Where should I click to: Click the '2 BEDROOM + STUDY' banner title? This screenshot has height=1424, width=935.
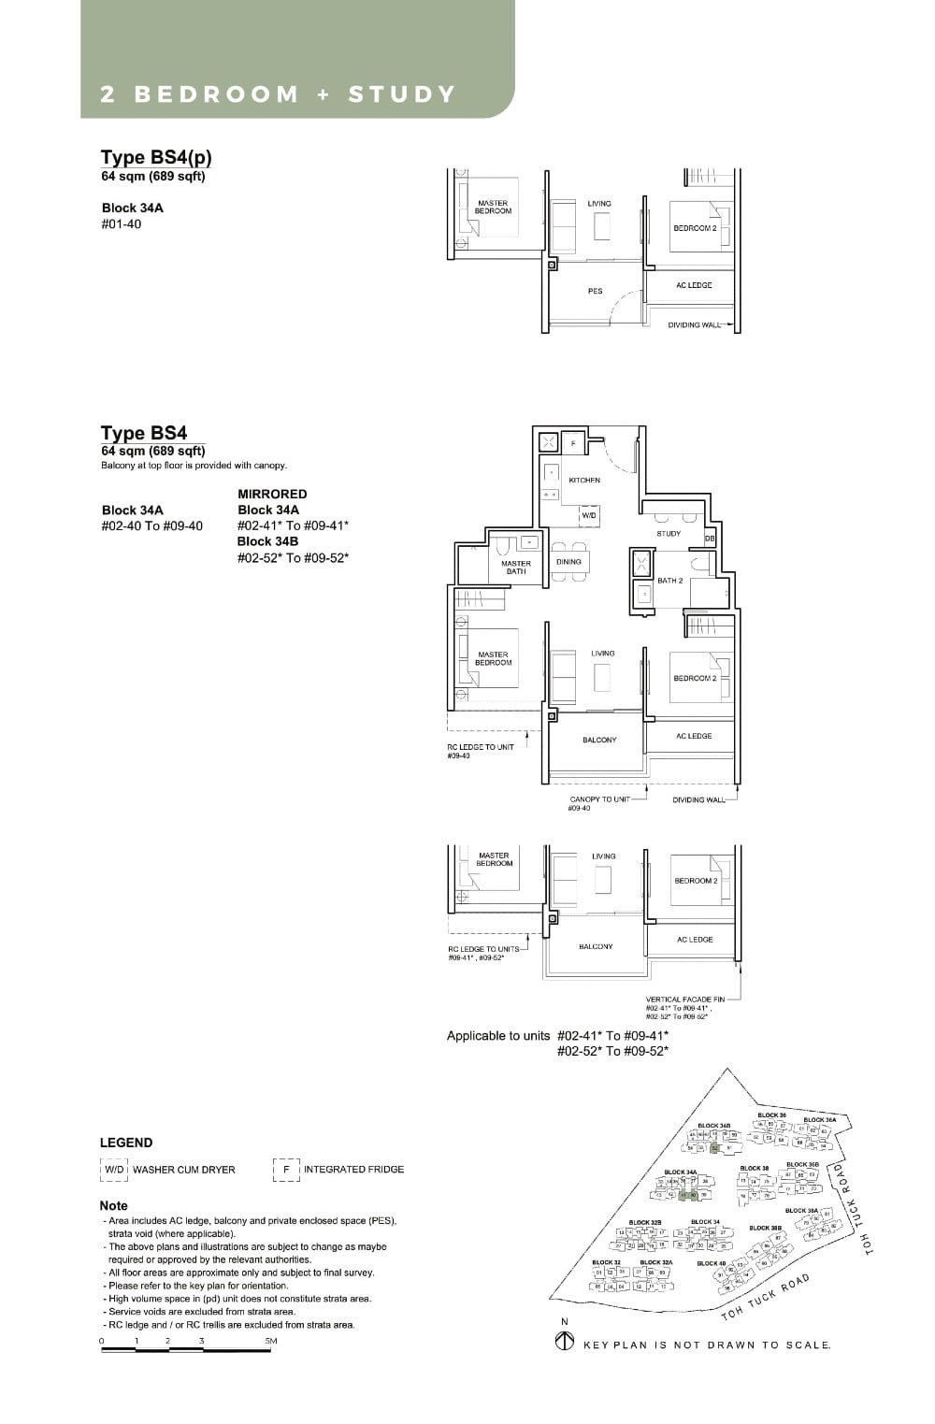pyautogui.click(x=278, y=94)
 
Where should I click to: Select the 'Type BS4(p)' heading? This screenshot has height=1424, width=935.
pyautogui.click(x=155, y=157)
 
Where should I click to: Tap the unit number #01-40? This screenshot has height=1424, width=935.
pyautogui.click(x=121, y=224)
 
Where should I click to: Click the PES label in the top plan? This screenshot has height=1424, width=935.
pyautogui.click(x=595, y=292)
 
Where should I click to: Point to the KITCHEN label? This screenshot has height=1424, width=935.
pyautogui.click(x=584, y=480)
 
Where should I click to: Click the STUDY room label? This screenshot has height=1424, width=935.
pyautogui.click(x=669, y=534)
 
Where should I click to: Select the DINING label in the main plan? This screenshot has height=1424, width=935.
pyautogui.click(x=568, y=562)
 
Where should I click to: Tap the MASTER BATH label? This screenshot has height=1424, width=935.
pyautogui.click(x=515, y=568)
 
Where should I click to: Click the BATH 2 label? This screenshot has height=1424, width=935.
pyautogui.click(x=669, y=581)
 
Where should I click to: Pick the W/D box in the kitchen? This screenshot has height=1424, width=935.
pyautogui.click(x=589, y=515)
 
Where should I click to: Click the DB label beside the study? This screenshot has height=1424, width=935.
pyautogui.click(x=710, y=539)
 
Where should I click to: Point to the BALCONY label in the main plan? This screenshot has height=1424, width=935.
pyautogui.click(x=599, y=741)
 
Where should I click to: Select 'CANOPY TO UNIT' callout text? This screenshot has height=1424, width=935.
pyautogui.click(x=599, y=799)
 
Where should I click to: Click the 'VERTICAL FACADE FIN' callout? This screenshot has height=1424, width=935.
pyautogui.click(x=684, y=1000)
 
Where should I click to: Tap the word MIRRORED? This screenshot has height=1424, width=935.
pyautogui.click(x=272, y=494)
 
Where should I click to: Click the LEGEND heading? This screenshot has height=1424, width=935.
pyautogui.click(x=126, y=1143)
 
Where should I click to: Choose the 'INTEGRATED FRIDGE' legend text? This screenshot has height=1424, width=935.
pyautogui.click(x=353, y=1170)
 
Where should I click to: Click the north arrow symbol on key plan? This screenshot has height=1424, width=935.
pyautogui.click(x=564, y=1342)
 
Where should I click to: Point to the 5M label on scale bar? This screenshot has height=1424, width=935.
pyautogui.click(x=270, y=1341)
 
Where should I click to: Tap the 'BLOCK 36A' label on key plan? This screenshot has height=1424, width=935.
pyautogui.click(x=819, y=1119)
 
